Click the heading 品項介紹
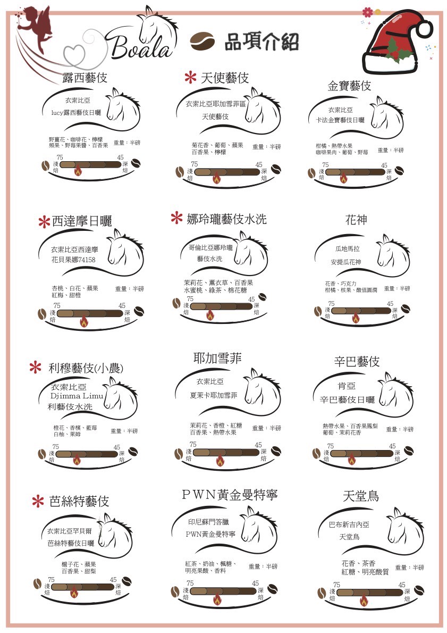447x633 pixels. point(261,41)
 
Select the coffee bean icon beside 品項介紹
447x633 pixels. point(203,41)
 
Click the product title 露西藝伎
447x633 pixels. point(85,78)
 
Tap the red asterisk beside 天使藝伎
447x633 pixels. point(189,78)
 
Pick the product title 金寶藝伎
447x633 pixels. point(349,86)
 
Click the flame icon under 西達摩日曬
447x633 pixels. point(83,321)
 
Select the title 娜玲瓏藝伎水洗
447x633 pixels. point(226,219)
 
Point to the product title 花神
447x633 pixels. point(356,220)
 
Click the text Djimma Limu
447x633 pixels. point(77,396)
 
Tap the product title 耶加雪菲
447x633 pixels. point(217,359)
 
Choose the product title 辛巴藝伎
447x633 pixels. point(357,362)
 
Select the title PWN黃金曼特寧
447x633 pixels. point(230,495)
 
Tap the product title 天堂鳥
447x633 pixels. point(361,496)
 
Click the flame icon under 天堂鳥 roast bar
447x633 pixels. point(364,601)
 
